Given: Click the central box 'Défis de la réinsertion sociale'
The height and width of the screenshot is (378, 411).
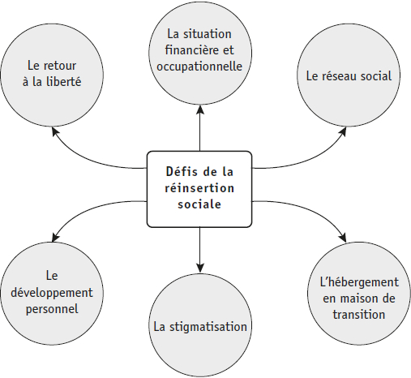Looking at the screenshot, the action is tap(199, 189).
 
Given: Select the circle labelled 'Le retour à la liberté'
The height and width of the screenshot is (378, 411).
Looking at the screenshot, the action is tap(52, 75).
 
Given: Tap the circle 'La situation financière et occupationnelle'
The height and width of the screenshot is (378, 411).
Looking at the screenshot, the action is tap(200, 53).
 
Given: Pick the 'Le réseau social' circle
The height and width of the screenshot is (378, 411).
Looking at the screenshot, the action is tap(349, 75).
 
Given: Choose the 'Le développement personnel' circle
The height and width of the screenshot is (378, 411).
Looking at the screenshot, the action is tap(52, 294).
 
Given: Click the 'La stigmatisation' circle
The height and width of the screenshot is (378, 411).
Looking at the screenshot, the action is tap(200, 325).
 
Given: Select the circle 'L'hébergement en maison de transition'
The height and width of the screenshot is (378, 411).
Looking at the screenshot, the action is tap(359, 294).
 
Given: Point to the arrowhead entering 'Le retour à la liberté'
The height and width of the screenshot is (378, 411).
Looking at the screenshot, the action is tap(55, 131).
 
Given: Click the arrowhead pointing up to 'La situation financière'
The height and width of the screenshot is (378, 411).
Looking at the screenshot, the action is tap(200, 110).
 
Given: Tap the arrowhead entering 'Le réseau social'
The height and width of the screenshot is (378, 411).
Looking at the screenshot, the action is tap(343, 131).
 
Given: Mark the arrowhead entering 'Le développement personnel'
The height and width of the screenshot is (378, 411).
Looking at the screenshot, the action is tap(55, 237).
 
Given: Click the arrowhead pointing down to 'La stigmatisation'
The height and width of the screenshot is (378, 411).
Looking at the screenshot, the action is tap(200, 268).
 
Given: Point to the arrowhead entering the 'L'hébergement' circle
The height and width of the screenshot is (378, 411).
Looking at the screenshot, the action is tap(343, 237).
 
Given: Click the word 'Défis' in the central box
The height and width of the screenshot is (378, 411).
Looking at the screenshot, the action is tap(179, 171).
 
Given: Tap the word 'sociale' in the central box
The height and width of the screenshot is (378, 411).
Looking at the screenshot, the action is tap(199, 204).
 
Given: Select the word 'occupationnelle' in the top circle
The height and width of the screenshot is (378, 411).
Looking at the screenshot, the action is tap(199, 67).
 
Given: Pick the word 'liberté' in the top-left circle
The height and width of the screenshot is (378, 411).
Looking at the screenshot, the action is tap(64, 81).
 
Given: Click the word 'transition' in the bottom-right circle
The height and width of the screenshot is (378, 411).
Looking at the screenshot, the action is tap(359, 315).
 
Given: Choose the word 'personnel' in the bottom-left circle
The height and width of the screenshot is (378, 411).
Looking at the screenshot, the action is tap(52, 309).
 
